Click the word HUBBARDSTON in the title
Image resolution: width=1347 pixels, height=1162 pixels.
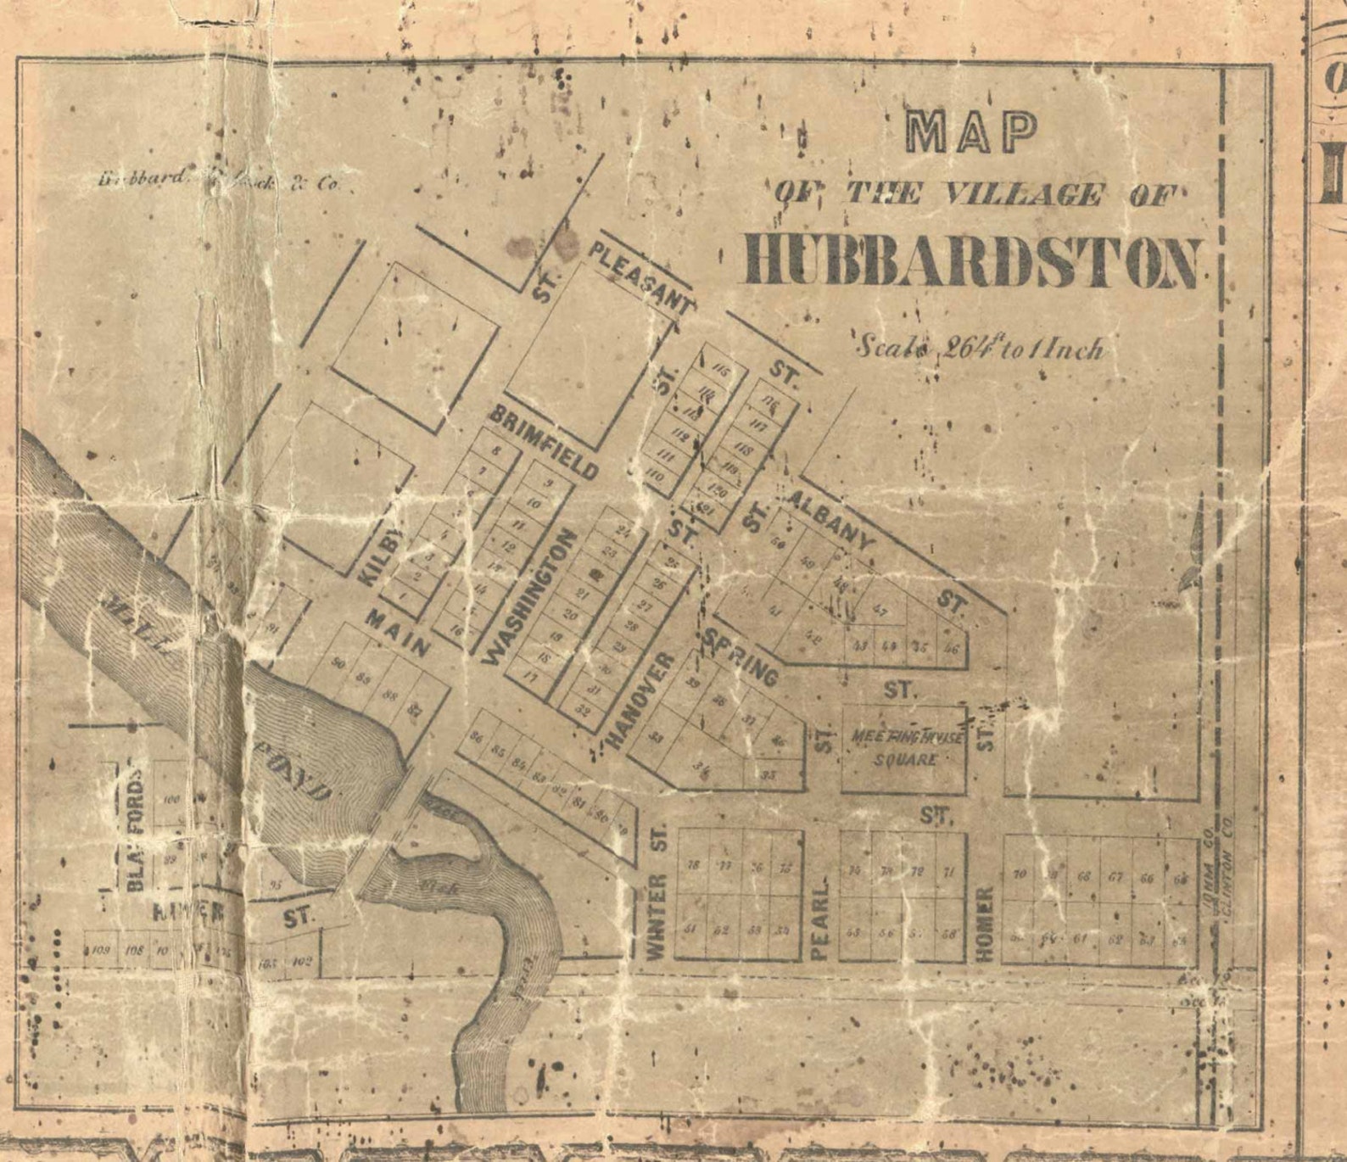pyautogui.click(x=972, y=261)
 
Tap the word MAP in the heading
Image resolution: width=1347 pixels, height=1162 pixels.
pyautogui.click(x=972, y=131)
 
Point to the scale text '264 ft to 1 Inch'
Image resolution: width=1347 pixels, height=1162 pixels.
pyautogui.click(x=980, y=348)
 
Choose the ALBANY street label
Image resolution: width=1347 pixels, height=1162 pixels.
pyautogui.click(x=830, y=519)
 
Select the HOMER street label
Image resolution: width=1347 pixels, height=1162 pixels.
pyautogui.click(x=984, y=924)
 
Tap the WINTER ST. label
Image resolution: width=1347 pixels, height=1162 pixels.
pyautogui.click(x=657, y=891)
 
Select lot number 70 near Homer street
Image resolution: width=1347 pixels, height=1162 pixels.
pyautogui.click(x=1020, y=874)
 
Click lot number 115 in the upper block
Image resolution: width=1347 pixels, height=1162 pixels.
pyautogui.click(x=722, y=370)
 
